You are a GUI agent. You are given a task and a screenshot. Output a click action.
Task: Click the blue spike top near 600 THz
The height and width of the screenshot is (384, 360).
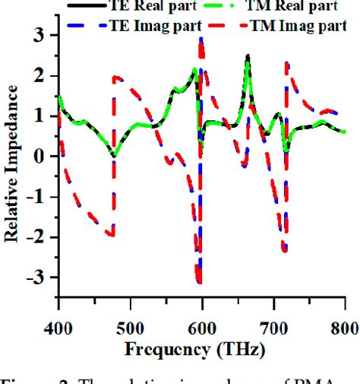pos(201,38)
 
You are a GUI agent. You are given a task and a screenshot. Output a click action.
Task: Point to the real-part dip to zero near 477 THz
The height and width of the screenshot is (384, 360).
pos(113,156)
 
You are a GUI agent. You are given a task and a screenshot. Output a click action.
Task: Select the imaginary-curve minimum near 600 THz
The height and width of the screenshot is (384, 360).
pos(199,282)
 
